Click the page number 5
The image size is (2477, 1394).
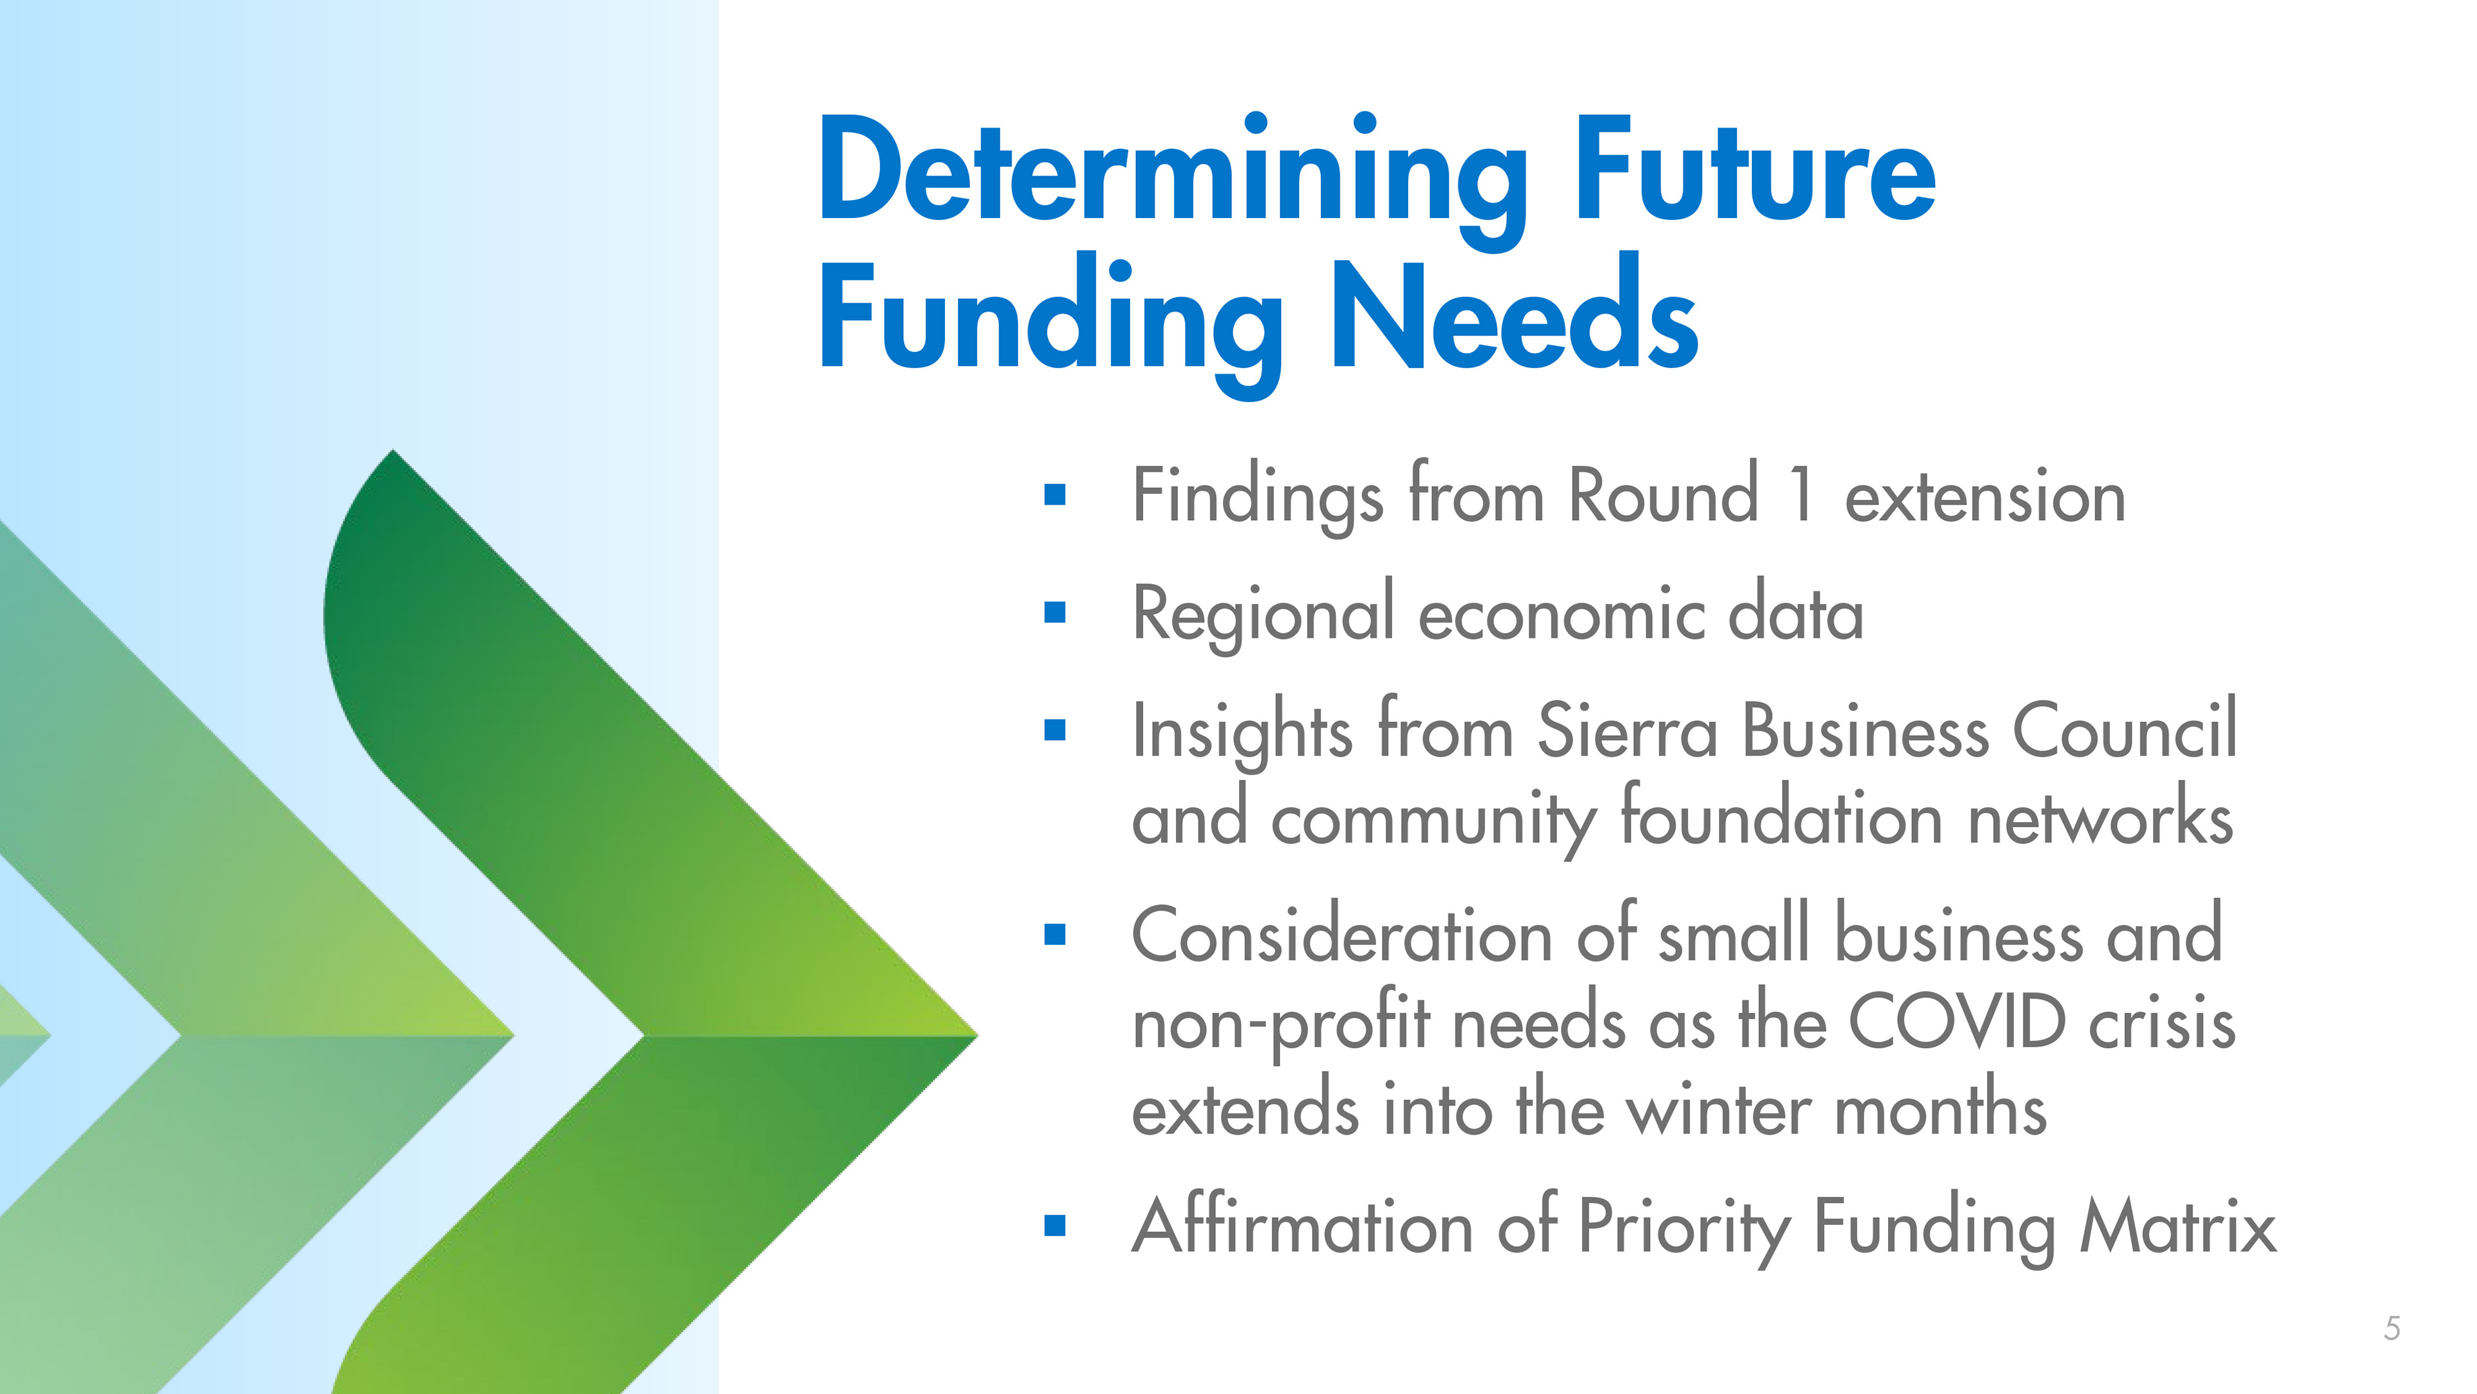coord(2392,1329)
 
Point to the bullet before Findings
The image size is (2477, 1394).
coord(1055,494)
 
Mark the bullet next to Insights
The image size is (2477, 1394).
coord(1055,730)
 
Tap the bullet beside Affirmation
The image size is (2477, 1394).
coord(1055,1226)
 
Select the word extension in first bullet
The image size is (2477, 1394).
coord(1985,498)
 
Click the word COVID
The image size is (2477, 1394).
coord(1957,1022)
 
